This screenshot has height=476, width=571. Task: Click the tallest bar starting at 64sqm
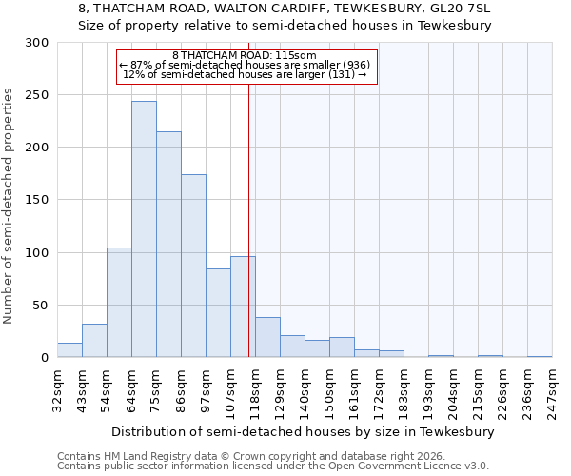[x=144, y=229]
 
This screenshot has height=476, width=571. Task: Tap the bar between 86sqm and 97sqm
[x=193, y=266]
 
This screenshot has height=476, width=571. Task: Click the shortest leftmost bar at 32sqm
[x=69, y=350]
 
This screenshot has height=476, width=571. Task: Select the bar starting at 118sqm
[x=267, y=338]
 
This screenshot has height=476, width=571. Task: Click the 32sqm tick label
[x=57, y=390]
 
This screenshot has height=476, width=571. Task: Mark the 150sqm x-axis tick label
[x=329, y=390]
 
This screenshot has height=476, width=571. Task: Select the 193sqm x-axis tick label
[x=428, y=390]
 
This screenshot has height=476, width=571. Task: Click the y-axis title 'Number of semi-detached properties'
[x=10, y=206]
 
